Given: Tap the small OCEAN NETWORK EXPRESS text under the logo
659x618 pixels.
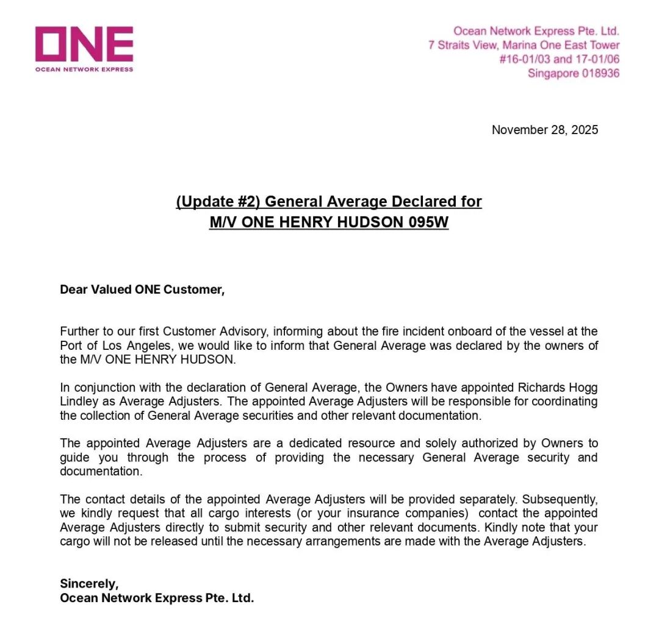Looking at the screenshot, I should [x=84, y=69].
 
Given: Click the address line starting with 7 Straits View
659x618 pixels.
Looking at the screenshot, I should [x=524, y=45].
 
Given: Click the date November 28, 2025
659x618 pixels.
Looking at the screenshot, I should [x=545, y=130].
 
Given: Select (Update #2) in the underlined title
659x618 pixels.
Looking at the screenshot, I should [x=218, y=202].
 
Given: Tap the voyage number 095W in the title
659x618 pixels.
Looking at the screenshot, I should [x=427, y=222].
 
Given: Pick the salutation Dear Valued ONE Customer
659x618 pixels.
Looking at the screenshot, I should [x=142, y=289].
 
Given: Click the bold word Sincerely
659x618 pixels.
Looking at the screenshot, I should [x=89, y=583].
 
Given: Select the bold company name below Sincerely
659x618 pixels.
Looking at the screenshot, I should [x=157, y=598].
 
